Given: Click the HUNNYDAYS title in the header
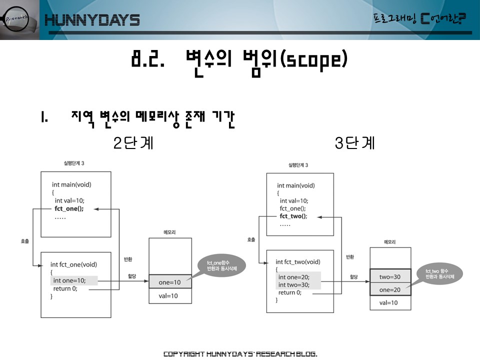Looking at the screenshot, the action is pos(92,20).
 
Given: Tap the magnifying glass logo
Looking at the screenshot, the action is pos(18,19).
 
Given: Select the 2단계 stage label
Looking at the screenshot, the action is pos(133,143).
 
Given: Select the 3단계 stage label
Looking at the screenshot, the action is pos(354,143).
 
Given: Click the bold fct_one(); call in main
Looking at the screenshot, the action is pos(69,209).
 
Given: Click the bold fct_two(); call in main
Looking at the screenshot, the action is pos(293,216).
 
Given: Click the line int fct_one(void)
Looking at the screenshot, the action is pos(73,264).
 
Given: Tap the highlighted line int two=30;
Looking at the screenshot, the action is pos(294,285).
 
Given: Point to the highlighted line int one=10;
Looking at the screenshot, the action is pos(69,280).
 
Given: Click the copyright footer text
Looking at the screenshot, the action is pos(240,354).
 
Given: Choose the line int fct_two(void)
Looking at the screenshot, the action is pos(298,261).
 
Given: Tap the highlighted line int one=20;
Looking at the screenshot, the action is pos(294,277).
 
